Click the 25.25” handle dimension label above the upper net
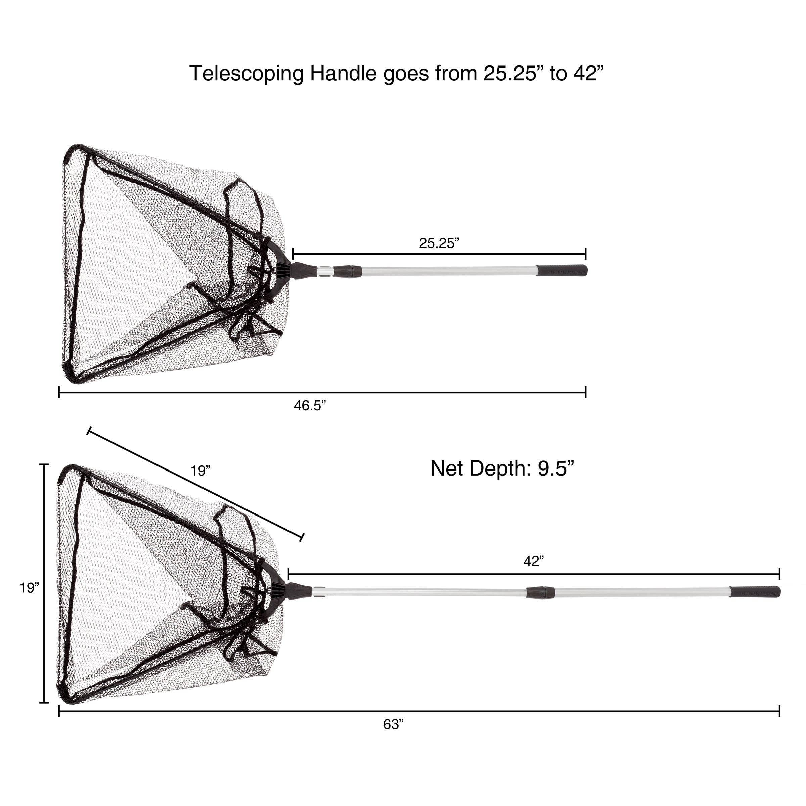(x=439, y=243)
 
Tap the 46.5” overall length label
(x=310, y=405)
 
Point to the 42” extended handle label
(x=534, y=562)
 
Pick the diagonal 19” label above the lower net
(x=200, y=471)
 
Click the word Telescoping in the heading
(x=247, y=74)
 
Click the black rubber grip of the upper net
(x=562, y=270)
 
